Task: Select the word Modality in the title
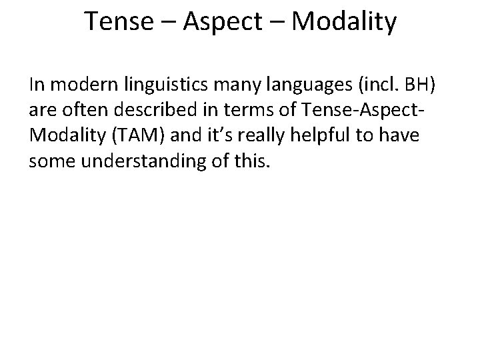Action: click(x=344, y=22)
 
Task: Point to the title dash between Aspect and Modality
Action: click(x=275, y=23)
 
